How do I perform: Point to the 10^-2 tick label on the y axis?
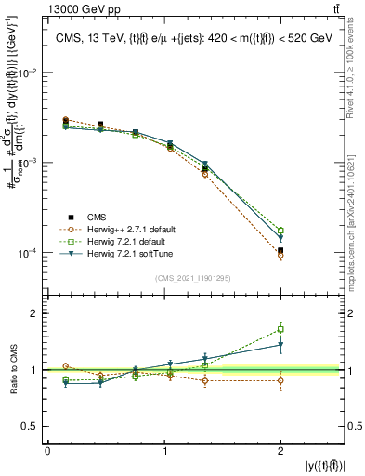pyautogui.click(x=27, y=73)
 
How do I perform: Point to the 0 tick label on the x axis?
pyautogui.click(x=47, y=451)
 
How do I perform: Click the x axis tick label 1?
pyautogui.click(x=164, y=451)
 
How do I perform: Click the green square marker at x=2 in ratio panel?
pyautogui.click(x=280, y=329)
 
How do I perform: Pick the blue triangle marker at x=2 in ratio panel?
pyautogui.click(x=280, y=345)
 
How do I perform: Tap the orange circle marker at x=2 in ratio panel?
pyautogui.click(x=280, y=380)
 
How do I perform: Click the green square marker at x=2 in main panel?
pyautogui.click(x=280, y=231)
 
